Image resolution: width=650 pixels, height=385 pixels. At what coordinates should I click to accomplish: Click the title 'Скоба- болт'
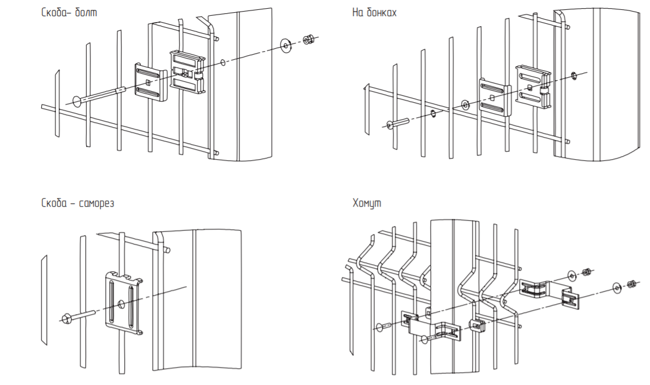point(69,12)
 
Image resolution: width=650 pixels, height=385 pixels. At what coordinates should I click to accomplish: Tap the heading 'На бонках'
point(374,12)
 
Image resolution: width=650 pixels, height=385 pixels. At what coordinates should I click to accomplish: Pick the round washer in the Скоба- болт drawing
point(286,45)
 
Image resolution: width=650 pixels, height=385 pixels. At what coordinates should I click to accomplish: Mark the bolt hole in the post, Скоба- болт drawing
point(223,62)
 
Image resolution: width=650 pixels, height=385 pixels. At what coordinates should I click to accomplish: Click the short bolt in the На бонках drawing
point(396,123)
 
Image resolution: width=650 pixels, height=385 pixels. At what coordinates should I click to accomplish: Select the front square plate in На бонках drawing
point(494,96)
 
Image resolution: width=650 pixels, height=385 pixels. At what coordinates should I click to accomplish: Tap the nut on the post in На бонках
point(574,74)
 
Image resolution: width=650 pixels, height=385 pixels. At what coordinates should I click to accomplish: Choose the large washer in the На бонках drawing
point(465,105)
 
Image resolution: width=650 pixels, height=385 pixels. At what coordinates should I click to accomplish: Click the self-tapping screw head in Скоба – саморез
point(66,318)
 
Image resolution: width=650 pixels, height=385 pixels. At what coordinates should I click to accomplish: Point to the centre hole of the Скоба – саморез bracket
point(120,303)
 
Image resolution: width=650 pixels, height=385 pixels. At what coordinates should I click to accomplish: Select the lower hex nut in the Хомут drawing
point(631,285)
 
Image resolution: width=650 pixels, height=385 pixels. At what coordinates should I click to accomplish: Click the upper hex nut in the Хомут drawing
point(587,271)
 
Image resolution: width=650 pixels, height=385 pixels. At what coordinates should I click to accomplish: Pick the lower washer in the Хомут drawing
point(617,287)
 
